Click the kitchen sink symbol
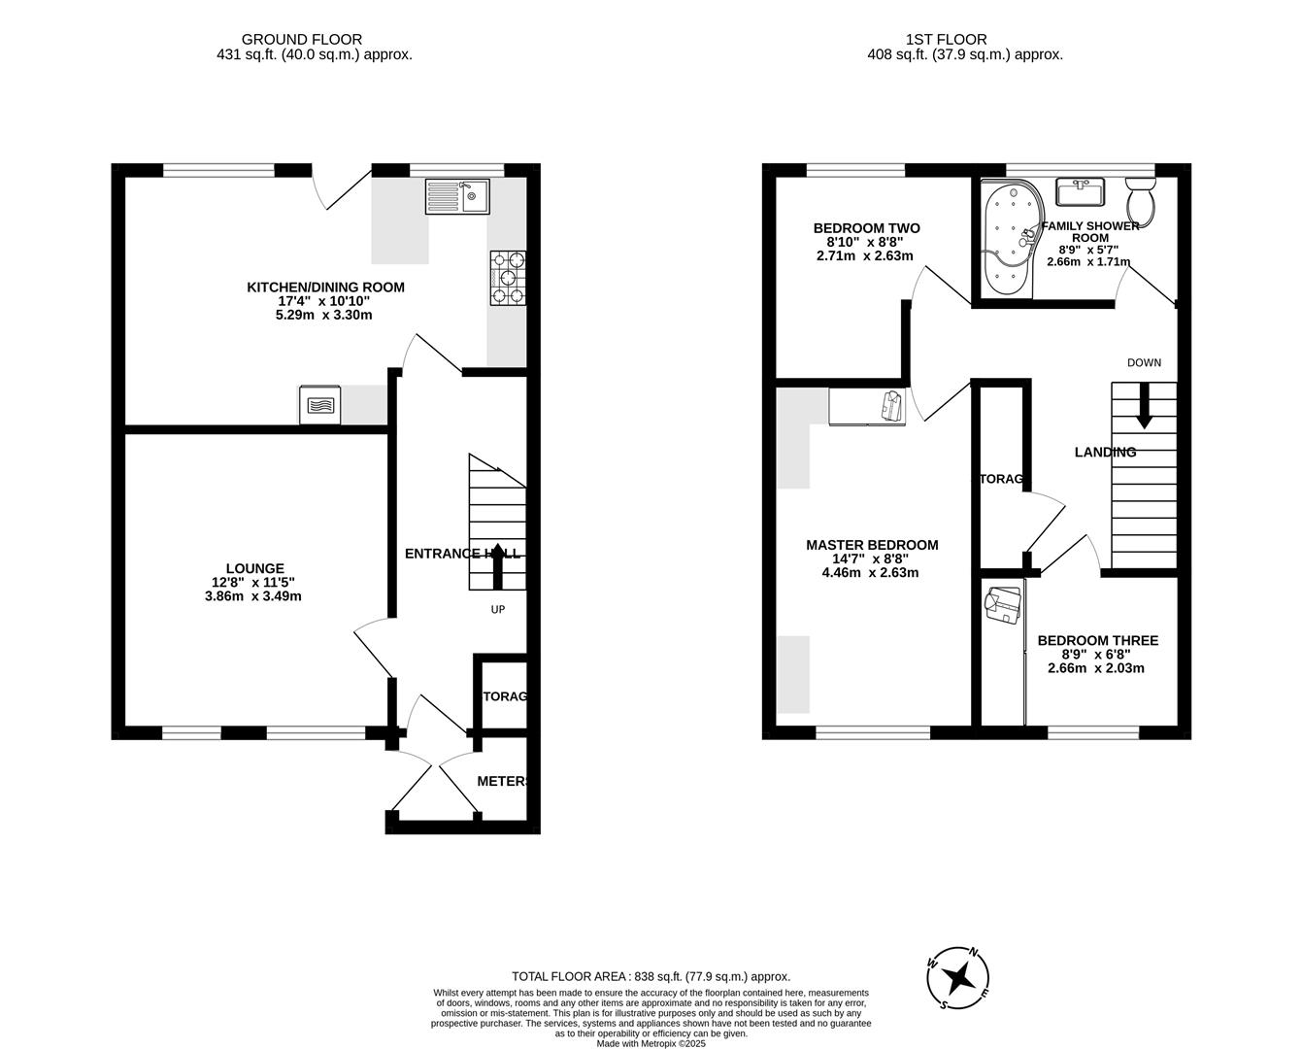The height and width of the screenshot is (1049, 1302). [x=457, y=197]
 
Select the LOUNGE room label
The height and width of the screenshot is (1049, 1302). [x=254, y=568]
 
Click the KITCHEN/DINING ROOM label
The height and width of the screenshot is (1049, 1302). [x=325, y=288]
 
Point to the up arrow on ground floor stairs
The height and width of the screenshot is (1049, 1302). [x=498, y=566]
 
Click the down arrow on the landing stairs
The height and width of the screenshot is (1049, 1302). [x=1144, y=406]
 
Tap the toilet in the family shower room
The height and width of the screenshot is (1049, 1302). [x=1140, y=198]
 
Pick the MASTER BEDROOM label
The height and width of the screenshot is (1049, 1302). [x=872, y=545]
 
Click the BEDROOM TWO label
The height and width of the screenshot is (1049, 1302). [x=866, y=228]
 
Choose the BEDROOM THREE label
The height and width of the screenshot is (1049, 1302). [x=1097, y=641]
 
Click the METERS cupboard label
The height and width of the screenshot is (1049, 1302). [x=503, y=781]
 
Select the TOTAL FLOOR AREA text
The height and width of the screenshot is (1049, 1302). [x=651, y=976]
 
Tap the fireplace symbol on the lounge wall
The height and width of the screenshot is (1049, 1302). [x=320, y=405]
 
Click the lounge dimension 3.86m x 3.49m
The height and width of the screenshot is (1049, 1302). [x=253, y=596]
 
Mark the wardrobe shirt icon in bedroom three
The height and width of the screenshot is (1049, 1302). [x=1003, y=604]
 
